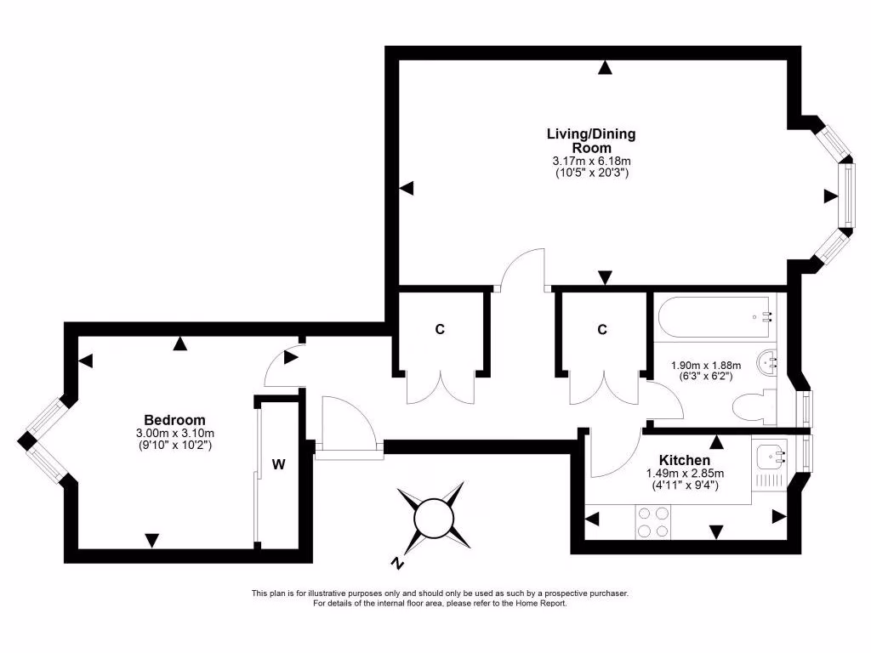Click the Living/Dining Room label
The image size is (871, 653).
pyautogui.click(x=590, y=140)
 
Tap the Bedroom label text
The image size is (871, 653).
pyautogui.click(x=174, y=420)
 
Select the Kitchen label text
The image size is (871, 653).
pyautogui.click(x=683, y=460)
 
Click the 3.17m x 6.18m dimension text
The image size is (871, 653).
pyautogui.click(x=590, y=161)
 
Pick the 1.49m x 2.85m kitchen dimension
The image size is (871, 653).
pyautogui.click(x=683, y=474)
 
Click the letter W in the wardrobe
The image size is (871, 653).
pyautogui.click(x=278, y=464)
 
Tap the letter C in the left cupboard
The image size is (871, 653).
pyautogui.click(x=440, y=330)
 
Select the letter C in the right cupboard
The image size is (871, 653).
pyautogui.click(x=602, y=330)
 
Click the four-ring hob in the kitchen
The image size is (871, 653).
pyautogui.click(x=652, y=522)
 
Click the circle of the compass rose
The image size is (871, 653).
pyautogui.click(x=433, y=517)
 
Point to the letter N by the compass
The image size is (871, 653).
pyautogui.click(x=396, y=563)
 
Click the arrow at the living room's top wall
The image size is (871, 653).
pyautogui.click(x=605, y=68)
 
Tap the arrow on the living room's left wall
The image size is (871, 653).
pyautogui.click(x=407, y=188)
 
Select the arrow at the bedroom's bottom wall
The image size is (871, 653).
pyautogui.click(x=151, y=540)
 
